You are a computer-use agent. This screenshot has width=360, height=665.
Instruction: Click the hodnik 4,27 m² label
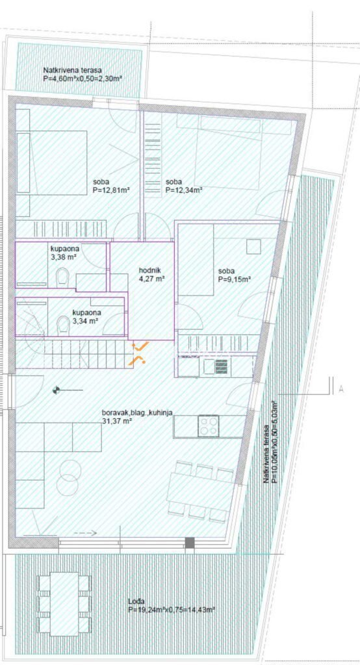point(151,275)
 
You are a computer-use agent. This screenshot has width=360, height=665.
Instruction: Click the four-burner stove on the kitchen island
point(208,426)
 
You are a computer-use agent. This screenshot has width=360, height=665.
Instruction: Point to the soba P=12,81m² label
point(110,186)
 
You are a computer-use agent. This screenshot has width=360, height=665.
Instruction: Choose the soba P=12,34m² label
point(183,186)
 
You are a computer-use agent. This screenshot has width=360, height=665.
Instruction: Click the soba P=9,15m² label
point(235,275)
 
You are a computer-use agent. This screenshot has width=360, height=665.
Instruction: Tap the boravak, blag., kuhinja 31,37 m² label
point(136,416)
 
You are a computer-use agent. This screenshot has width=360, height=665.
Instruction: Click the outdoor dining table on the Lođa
point(64,603)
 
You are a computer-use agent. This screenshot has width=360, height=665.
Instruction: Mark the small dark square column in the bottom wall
point(190,542)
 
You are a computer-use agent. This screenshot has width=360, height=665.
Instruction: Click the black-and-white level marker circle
point(55,390)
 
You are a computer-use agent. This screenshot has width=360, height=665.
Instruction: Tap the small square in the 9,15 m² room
point(254,246)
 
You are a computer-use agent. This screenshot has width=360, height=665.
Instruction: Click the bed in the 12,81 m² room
point(52,163)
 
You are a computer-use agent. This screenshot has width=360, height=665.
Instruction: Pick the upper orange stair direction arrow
point(140,346)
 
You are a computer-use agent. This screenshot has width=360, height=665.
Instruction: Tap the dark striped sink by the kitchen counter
point(221,366)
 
